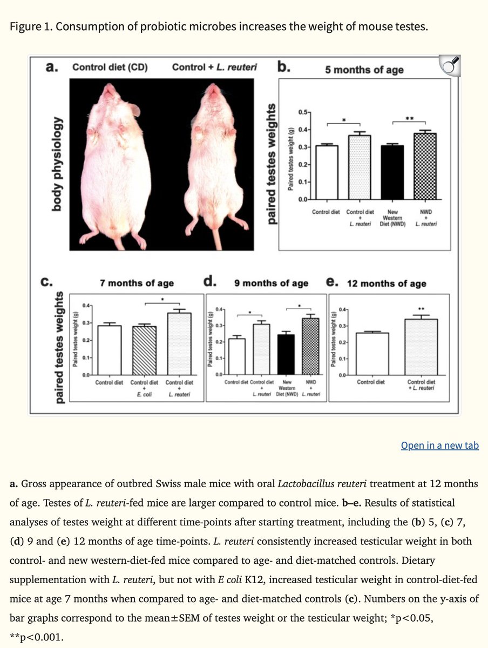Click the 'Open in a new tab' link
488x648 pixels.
(439, 446)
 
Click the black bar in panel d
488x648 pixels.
(285, 354)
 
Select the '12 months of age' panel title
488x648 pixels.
(386, 283)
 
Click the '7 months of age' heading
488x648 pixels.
(137, 283)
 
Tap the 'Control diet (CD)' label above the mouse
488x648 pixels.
(110, 67)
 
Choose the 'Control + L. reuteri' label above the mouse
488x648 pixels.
(214, 67)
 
